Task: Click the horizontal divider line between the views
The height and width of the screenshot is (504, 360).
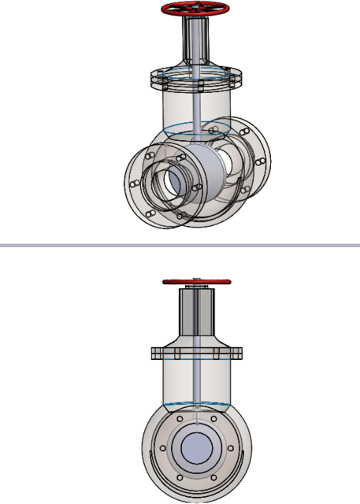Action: (180, 245)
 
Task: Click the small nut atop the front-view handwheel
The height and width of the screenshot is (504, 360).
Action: (195, 276)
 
